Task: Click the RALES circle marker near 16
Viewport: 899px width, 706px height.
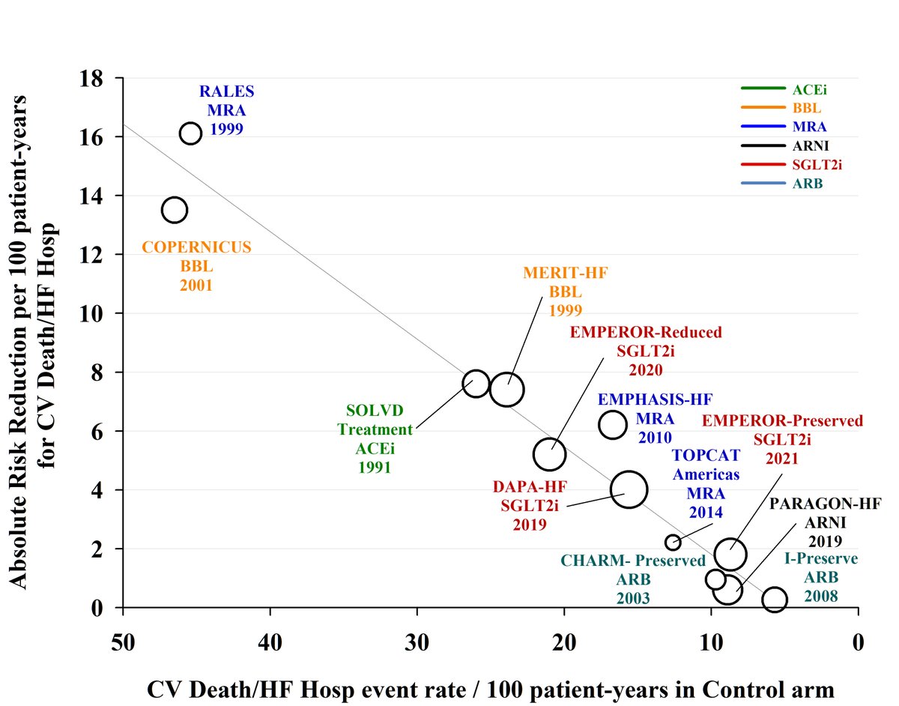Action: click(191, 133)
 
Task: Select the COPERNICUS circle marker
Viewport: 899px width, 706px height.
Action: click(174, 210)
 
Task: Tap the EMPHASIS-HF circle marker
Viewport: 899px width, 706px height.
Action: click(613, 424)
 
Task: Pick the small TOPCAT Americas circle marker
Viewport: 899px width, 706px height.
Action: click(673, 542)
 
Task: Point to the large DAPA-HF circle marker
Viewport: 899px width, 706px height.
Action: click(629, 489)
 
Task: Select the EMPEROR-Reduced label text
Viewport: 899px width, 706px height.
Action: click(646, 332)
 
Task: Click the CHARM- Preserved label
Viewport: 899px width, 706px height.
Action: click(633, 561)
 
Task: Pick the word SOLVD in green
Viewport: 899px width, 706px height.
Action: click(375, 411)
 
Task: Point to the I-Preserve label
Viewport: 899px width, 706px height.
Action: click(821, 559)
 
